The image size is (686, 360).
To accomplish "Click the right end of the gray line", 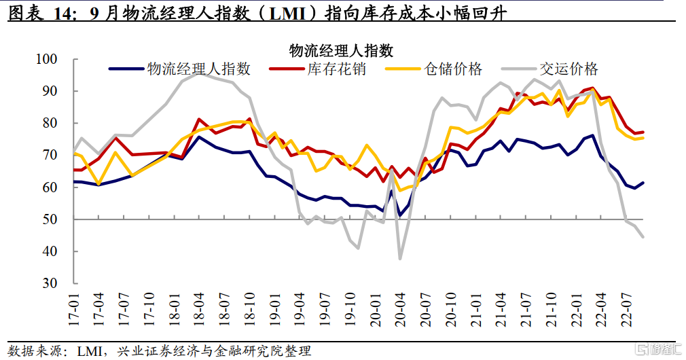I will tap(643, 236).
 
